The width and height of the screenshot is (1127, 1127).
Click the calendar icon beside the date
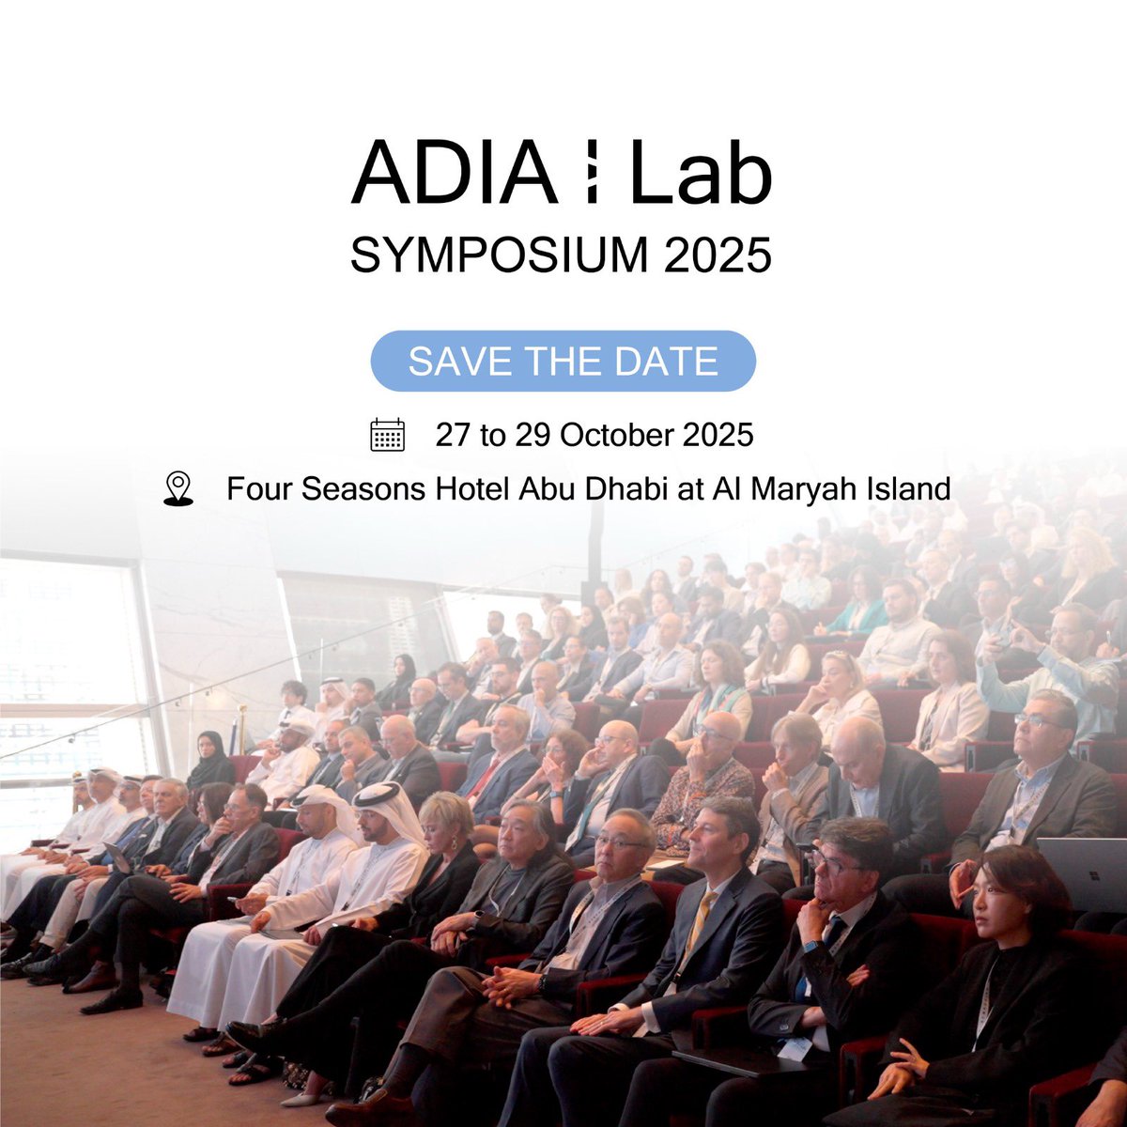(388, 435)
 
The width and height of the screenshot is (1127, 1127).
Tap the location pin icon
(178, 489)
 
